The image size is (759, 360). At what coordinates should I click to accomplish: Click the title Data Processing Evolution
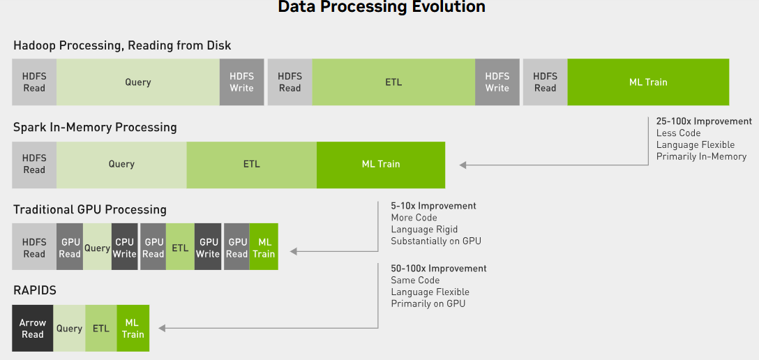(382, 8)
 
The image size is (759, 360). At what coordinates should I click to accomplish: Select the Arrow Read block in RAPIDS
(33, 328)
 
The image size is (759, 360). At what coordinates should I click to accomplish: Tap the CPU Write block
(125, 247)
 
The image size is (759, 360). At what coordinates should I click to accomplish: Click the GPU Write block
(208, 247)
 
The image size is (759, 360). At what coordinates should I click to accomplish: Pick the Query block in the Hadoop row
(138, 82)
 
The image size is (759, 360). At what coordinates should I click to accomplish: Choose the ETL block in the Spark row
(251, 165)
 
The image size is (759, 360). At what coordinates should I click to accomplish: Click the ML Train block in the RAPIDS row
(133, 328)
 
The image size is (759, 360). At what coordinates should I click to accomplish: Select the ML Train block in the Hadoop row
(648, 82)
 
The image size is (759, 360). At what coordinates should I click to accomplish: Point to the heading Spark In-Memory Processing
(95, 128)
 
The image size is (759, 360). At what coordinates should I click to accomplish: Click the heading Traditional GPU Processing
(90, 209)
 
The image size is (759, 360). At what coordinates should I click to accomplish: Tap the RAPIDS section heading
(35, 289)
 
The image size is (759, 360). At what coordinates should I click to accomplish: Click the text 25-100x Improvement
(704, 121)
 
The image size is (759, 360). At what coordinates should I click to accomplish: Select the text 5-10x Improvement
(433, 206)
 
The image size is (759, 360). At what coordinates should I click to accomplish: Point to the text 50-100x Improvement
(439, 269)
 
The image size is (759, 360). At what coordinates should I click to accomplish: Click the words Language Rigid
(424, 230)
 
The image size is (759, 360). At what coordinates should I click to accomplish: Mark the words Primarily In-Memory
(701, 157)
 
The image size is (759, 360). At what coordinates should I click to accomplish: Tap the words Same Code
(415, 280)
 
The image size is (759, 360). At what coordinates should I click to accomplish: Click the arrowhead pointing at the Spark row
(463, 165)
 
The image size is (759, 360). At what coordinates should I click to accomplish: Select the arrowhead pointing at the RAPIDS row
(163, 328)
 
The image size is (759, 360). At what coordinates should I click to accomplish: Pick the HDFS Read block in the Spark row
(34, 165)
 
